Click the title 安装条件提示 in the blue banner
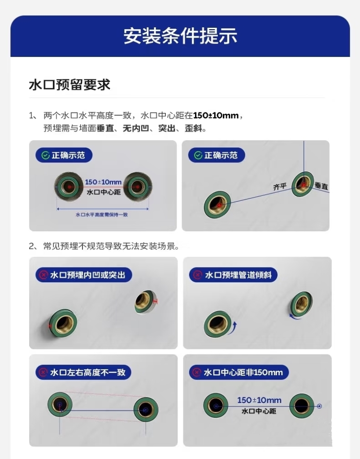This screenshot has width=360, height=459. (180, 36)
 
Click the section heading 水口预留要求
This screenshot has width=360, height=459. (69, 85)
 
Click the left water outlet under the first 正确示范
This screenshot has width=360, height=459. (69, 186)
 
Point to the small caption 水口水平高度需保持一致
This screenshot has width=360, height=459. (102, 215)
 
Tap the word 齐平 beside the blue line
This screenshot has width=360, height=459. (279, 187)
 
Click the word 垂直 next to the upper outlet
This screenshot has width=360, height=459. (321, 186)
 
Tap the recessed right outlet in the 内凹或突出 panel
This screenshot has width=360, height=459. (144, 301)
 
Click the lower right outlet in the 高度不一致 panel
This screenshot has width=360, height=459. (146, 409)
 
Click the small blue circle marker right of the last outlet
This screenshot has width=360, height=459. (320, 407)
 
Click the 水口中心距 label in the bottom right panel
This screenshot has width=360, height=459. (259, 411)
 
